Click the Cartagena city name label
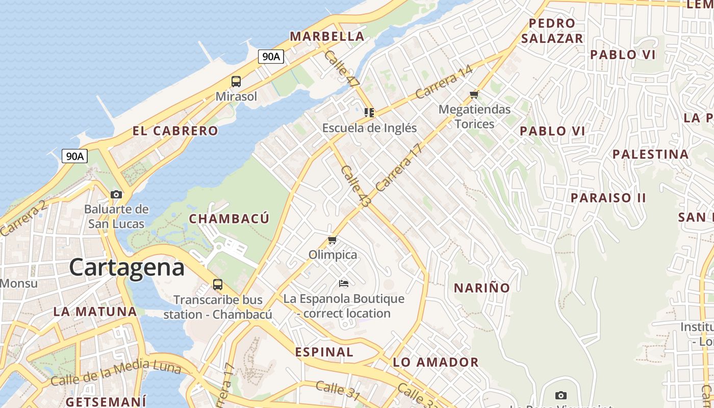(x=126, y=267)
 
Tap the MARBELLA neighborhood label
(x=327, y=36)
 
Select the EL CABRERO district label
(x=175, y=131)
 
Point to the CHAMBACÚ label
(x=229, y=219)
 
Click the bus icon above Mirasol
(x=236, y=81)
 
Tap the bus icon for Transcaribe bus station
(x=218, y=285)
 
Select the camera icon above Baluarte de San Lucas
(x=116, y=194)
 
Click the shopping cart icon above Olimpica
(x=333, y=240)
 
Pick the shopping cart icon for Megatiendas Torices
(x=474, y=94)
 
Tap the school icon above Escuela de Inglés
(x=369, y=113)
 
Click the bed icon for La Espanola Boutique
(x=344, y=283)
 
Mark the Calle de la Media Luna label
(x=115, y=372)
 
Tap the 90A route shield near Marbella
(x=271, y=57)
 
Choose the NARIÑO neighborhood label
(x=482, y=288)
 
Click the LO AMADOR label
(x=436, y=363)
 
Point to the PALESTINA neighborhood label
(x=650, y=154)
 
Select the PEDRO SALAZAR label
(x=552, y=31)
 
